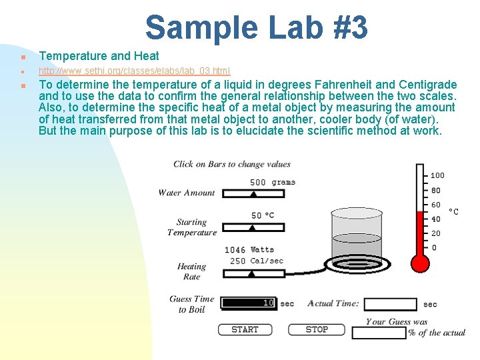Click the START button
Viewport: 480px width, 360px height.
pyautogui.click(x=245, y=329)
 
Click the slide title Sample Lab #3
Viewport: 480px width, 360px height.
pyautogui.click(x=256, y=27)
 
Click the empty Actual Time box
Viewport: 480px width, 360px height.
pyautogui.click(x=391, y=304)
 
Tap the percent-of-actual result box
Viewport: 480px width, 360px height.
pyautogui.click(x=379, y=332)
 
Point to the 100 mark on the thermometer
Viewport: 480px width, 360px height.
pyautogui.click(x=437, y=175)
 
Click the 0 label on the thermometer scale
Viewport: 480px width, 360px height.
pyautogui.click(x=435, y=248)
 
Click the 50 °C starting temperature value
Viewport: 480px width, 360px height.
pyautogui.click(x=263, y=215)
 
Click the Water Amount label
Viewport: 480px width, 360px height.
pyautogui.click(x=187, y=193)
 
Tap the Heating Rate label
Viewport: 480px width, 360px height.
pyautogui.click(x=191, y=271)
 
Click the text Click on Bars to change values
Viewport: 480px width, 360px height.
pyautogui.click(x=232, y=164)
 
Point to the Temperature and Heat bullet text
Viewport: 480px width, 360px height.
pyautogui.click(x=99, y=56)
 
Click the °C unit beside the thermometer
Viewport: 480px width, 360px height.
pyautogui.click(x=453, y=211)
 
